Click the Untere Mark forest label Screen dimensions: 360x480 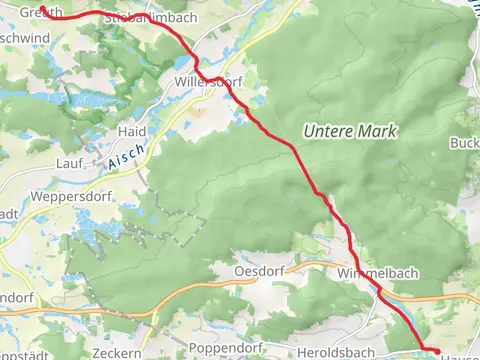coord(350,132)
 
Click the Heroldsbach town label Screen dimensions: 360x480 coord(335,353)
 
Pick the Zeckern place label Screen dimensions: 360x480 coord(114,353)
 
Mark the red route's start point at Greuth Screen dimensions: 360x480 coord(41,9)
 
